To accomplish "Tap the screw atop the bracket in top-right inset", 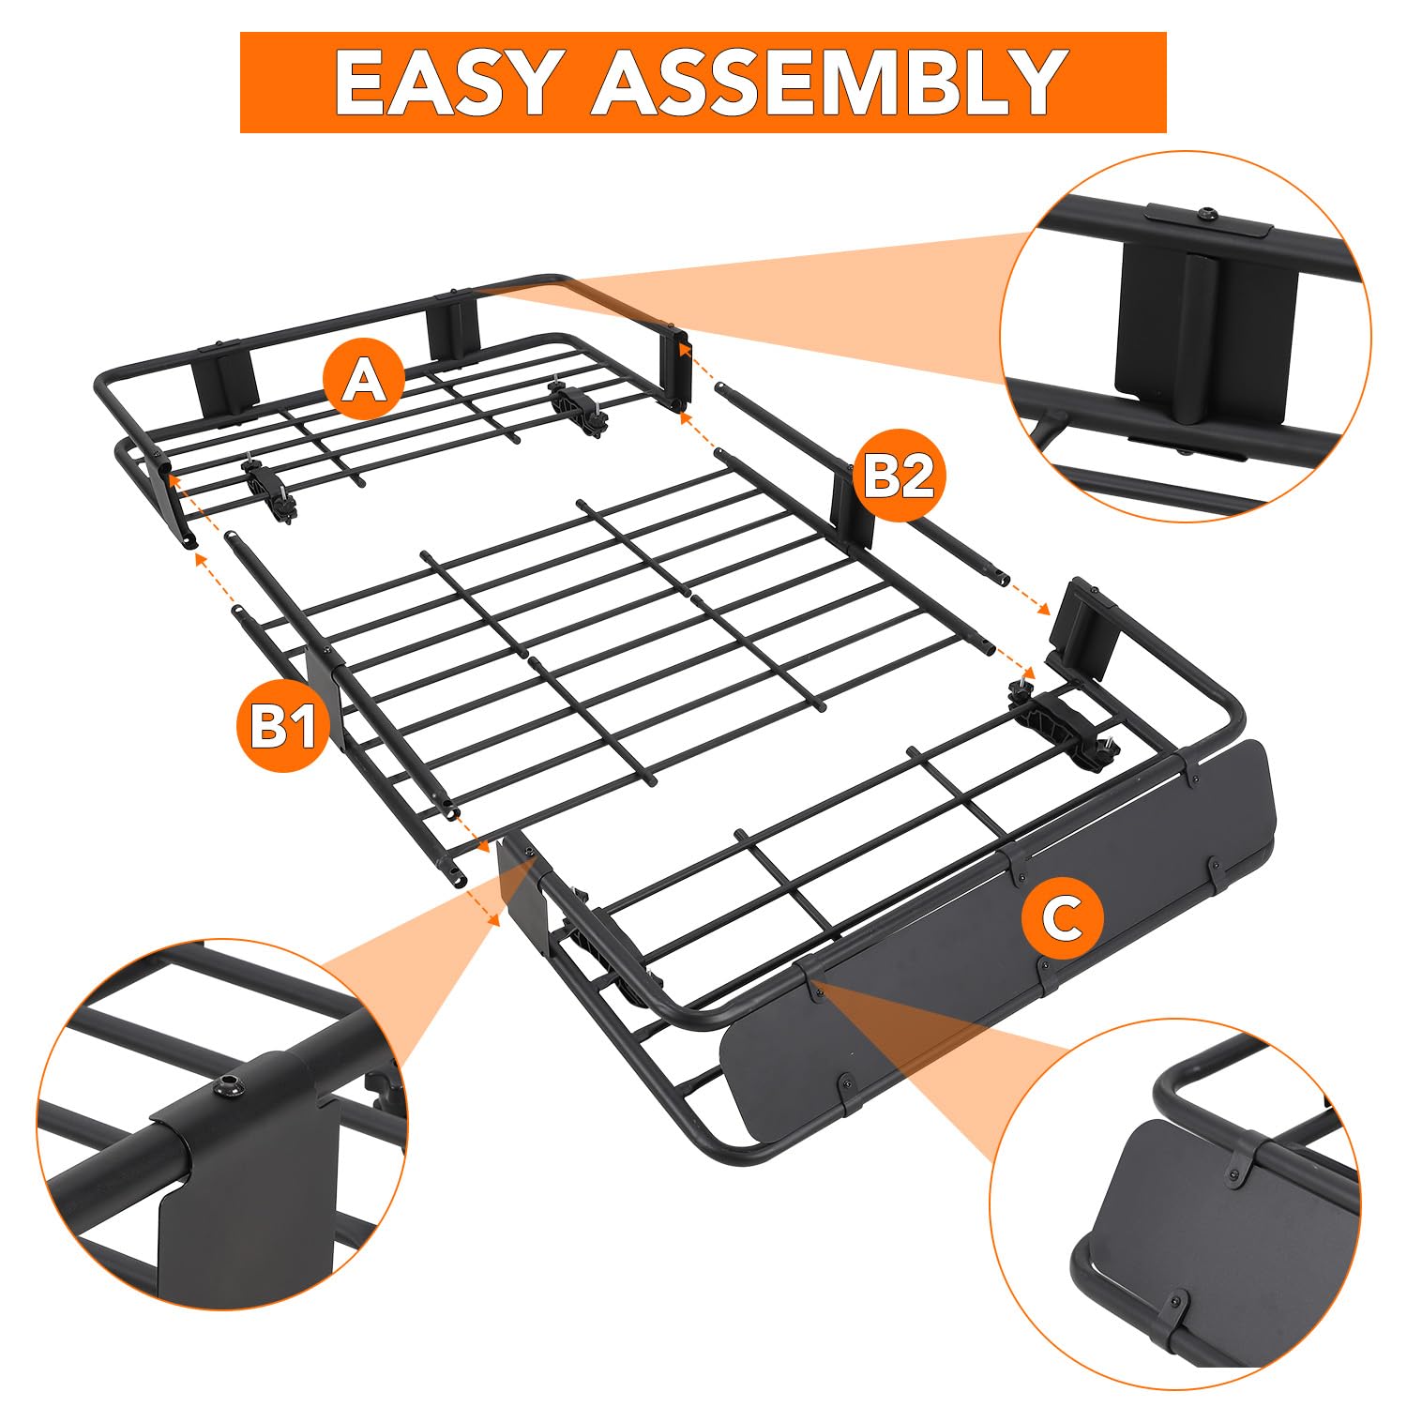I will point(1206,216).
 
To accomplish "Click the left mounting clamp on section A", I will point(269,488).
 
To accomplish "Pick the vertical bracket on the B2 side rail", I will point(852,507).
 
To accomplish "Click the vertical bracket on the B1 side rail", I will point(323,694).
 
